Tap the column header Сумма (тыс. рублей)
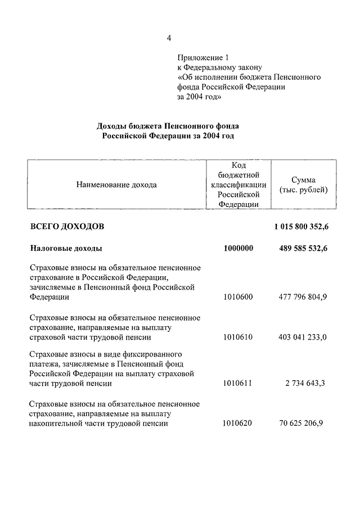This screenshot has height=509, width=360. [x=303, y=185]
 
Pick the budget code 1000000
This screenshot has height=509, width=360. [x=238, y=248]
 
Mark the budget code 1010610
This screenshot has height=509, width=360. [x=238, y=337]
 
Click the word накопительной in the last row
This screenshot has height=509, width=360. [x=55, y=424]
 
